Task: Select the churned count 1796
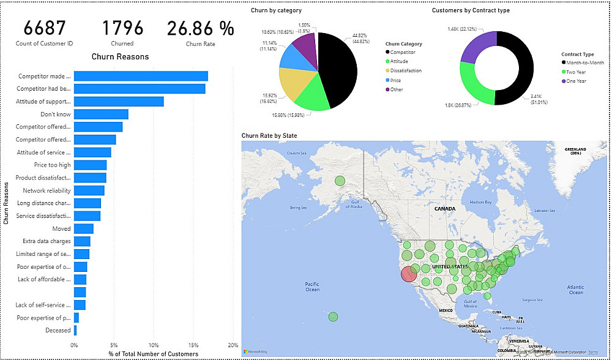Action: (122, 28)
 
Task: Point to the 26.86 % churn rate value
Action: (201, 28)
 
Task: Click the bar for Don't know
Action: (101, 114)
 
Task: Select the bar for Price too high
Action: (90, 165)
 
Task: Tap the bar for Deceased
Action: (75, 331)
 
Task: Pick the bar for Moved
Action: (83, 228)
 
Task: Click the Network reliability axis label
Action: (47, 190)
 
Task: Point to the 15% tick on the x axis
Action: (193, 345)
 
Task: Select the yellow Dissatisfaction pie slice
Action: (295, 83)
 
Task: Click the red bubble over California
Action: (409, 274)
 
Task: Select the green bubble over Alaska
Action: (340, 181)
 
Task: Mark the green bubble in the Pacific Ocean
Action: (333, 317)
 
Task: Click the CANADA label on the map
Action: (445, 209)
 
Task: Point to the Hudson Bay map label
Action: (480, 202)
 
